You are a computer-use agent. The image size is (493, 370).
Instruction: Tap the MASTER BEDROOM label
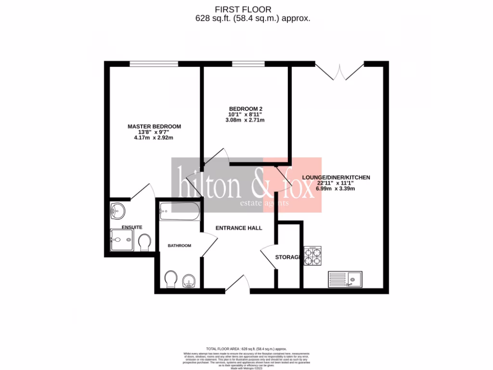point(154,126)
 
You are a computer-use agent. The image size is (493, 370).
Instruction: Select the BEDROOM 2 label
point(246,108)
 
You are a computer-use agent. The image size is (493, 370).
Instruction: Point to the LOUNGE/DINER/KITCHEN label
point(336,177)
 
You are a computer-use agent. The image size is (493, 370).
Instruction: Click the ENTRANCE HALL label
point(239,228)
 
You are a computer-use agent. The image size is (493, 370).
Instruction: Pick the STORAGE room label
point(288,257)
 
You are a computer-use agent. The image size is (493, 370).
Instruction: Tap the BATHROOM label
point(179,246)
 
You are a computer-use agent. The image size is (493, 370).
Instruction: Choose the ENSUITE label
point(131,227)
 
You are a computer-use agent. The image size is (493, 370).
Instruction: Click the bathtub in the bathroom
point(178,211)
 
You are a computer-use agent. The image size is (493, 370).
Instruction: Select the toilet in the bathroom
point(170,279)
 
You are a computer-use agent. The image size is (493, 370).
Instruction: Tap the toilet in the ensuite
point(143,242)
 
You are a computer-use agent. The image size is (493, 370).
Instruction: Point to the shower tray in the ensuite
point(122,239)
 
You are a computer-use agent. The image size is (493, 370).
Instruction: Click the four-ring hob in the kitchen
point(312,256)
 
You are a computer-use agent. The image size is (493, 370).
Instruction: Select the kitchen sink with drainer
point(345,278)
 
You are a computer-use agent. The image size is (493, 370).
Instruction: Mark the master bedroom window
point(154,63)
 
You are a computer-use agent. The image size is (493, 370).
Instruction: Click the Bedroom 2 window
point(248,63)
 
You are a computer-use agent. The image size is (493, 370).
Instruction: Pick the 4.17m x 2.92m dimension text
point(154,138)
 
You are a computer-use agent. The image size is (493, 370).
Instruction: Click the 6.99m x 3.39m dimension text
point(336,189)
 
